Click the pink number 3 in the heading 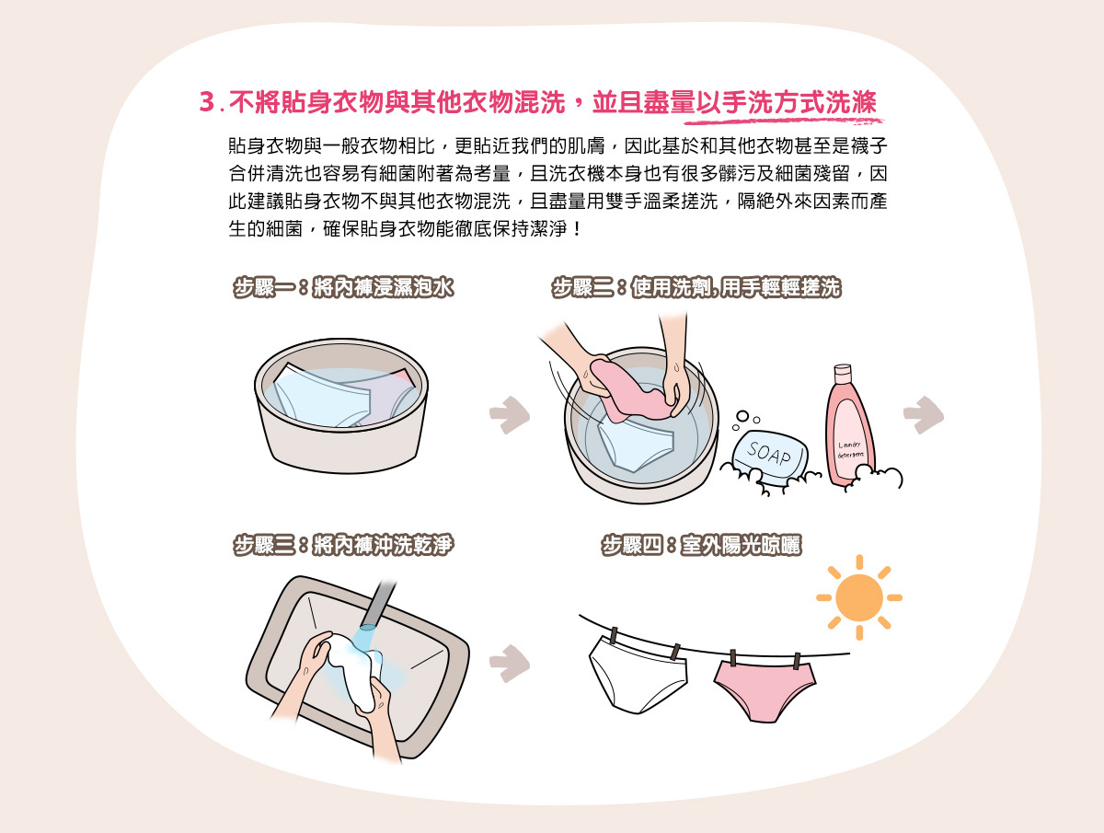tap(206, 102)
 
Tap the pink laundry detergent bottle tap(848, 433)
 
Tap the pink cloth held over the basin tap(629, 387)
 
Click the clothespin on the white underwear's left tap(614, 637)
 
